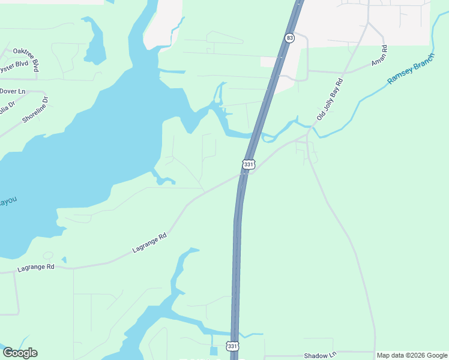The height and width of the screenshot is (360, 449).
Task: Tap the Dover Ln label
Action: [x=13, y=91]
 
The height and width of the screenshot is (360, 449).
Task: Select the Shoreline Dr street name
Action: [x=34, y=110]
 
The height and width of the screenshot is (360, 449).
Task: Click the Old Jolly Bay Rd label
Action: [x=330, y=98]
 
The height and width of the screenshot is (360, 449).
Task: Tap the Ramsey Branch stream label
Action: [x=411, y=68]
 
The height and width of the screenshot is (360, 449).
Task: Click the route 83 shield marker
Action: [x=290, y=38]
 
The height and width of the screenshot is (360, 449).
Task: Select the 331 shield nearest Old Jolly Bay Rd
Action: [x=249, y=164]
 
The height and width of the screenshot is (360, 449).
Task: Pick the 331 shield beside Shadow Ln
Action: [x=232, y=346]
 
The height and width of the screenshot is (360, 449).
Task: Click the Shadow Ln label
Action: [x=320, y=355]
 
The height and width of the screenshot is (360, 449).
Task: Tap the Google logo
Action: [x=20, y=353]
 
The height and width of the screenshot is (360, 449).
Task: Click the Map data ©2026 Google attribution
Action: [x=411, y=355]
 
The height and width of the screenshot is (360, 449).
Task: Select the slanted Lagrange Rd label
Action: [x=148, y=243]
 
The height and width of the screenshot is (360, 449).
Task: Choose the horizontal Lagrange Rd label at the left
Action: [x=36, y=267]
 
